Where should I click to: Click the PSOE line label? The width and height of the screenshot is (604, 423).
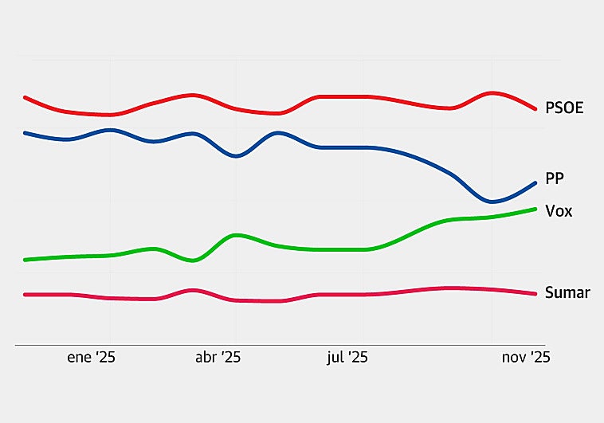coord(564,108)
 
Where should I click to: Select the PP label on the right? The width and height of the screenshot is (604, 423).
coord(555,178)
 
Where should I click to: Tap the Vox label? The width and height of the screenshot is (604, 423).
coord(559,211)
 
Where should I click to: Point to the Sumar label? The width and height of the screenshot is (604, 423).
coord(567,292)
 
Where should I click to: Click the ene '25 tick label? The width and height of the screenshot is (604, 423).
coord(91,358)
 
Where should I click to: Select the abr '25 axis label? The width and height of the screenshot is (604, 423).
coord(218,358)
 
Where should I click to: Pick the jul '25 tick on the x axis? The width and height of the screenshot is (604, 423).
coord(347,358)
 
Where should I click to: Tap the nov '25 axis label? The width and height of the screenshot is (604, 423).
coord(525,358)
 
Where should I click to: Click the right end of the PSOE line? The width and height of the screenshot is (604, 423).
coord(535,108)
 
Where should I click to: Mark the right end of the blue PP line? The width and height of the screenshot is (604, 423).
coord(535,182)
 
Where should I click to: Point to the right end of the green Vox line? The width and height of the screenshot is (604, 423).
coord(535,209)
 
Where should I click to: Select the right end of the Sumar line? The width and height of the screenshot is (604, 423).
coord(535,294)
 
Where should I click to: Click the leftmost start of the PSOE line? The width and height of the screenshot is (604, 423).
coord(25,97)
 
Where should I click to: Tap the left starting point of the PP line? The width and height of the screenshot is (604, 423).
coord(25,133)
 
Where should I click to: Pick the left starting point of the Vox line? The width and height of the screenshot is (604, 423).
coord(25,260)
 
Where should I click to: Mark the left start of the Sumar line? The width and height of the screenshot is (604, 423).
coord(25,295)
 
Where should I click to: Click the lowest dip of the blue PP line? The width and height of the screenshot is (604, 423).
coord(492,202)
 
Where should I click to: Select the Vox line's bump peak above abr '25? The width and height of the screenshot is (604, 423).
coord(236,235)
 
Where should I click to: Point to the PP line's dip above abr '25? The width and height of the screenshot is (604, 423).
coord(235,156)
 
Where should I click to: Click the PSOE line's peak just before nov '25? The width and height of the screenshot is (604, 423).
coord(492,93)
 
